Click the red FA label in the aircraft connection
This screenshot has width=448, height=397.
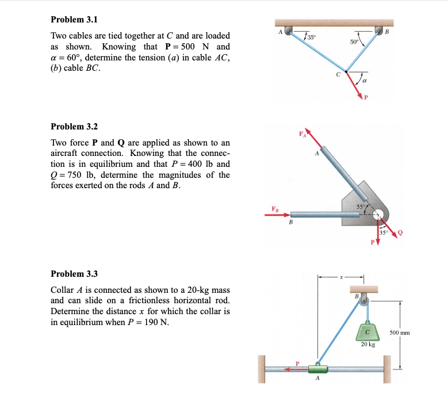coord(301,135)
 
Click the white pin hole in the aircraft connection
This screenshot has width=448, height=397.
coord(378,215)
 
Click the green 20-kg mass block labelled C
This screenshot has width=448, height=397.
coord(367,331)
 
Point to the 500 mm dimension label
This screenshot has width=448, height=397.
coord(418,333)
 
